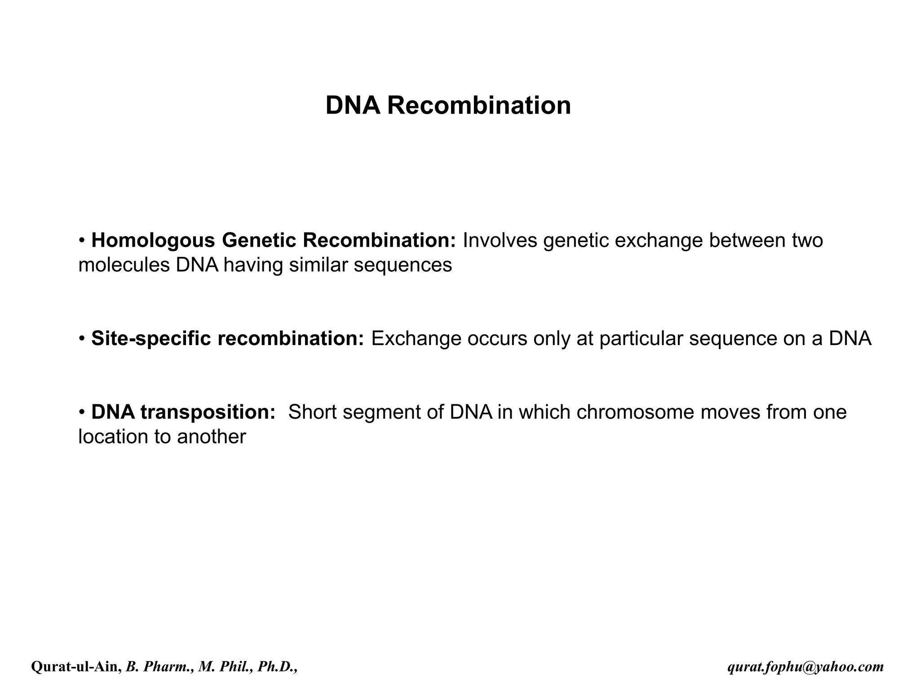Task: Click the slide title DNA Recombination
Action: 448,106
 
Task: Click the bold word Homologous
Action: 153,240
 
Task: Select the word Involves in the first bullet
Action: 500,240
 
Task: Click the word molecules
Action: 124,265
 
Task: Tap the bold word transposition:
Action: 208,412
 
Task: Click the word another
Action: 211,437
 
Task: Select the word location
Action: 113,437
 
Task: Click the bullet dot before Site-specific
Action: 82,339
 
